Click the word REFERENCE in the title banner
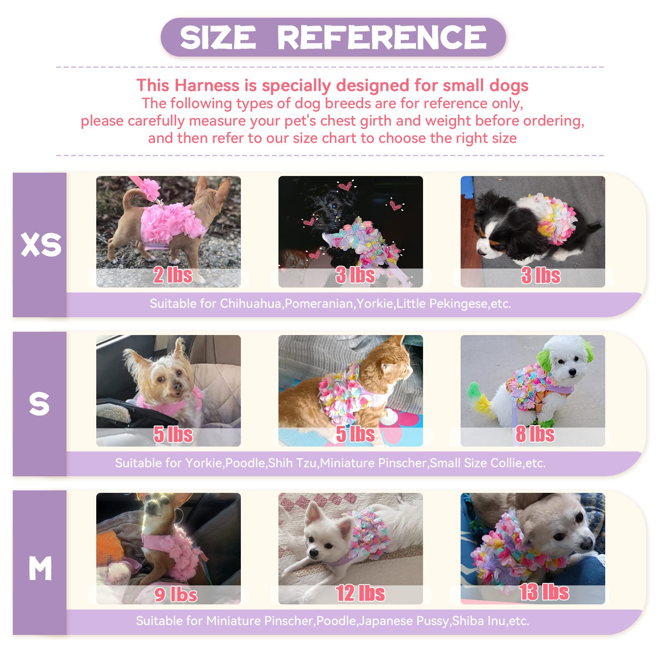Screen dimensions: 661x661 click(382, 37)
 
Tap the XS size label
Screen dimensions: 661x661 click(40, 245)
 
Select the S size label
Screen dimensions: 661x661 click(39, 404)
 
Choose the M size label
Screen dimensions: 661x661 click(40, 568)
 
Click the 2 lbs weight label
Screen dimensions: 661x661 click(173, 275)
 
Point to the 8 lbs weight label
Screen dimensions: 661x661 click(535, 434)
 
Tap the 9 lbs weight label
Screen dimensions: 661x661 click(176, 594)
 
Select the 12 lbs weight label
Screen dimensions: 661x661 click(360, 593)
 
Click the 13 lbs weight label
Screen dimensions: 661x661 click(544, 592)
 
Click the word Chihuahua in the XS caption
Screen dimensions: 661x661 click(250, 304)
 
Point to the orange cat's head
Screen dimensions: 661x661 click(395, 364)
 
